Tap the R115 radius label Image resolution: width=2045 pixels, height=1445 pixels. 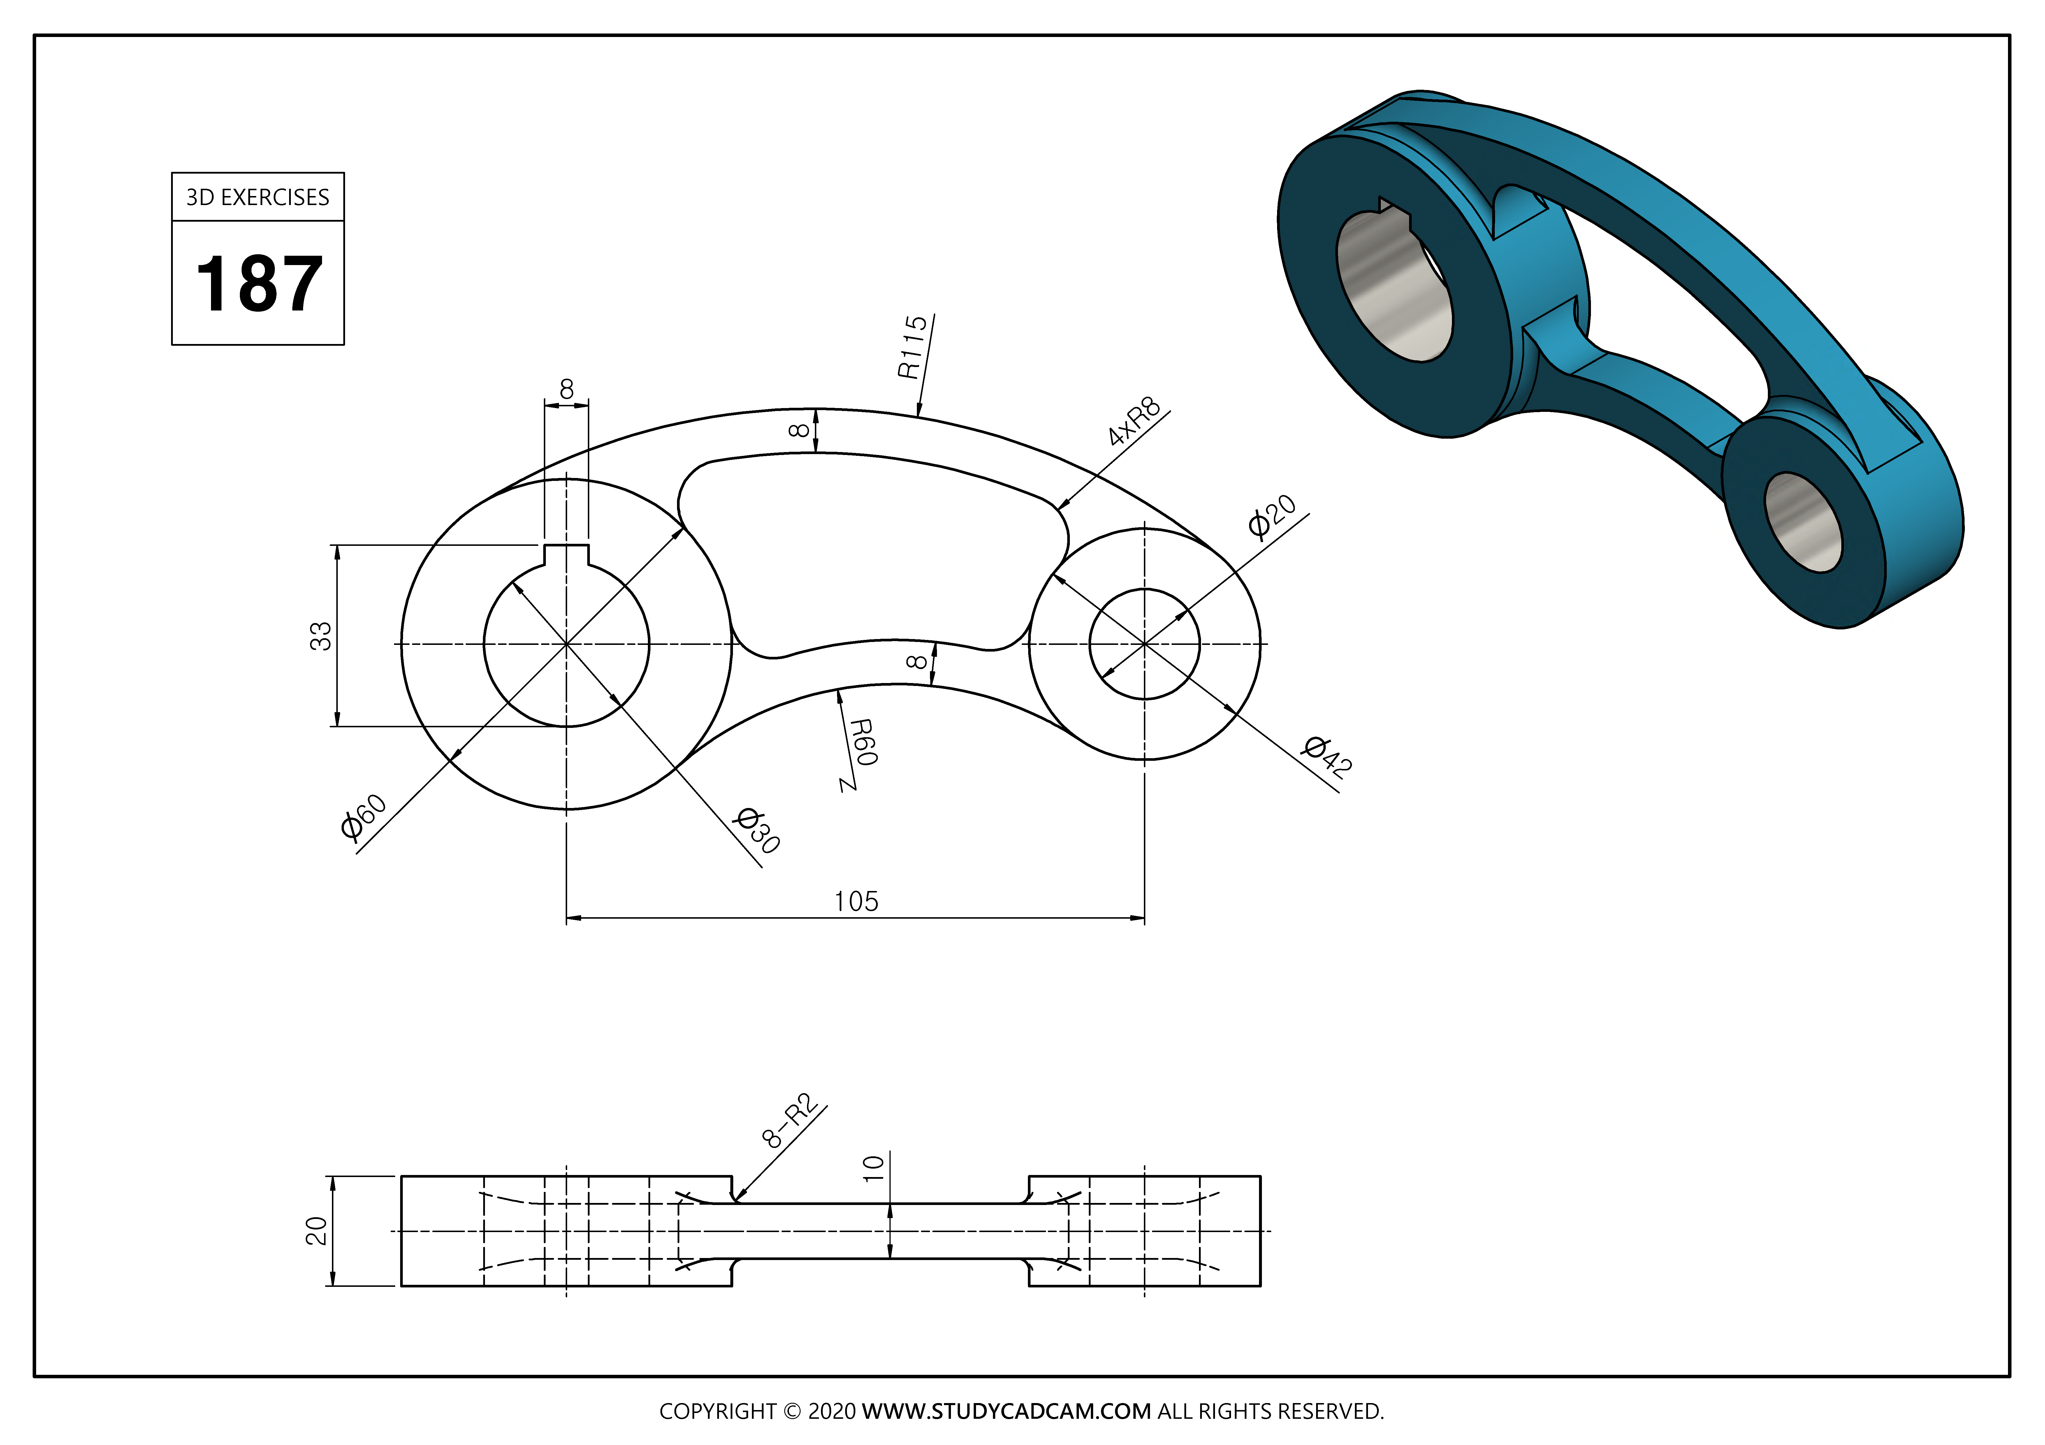(x=913, y=347)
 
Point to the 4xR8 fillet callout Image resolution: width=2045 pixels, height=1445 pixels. (x=1135, y=421)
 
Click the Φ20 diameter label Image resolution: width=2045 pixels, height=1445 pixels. (x=1272, y=516)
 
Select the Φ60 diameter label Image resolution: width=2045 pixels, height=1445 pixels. (x=363, y=816)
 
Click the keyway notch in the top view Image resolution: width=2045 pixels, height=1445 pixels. (x=567, y=555)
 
